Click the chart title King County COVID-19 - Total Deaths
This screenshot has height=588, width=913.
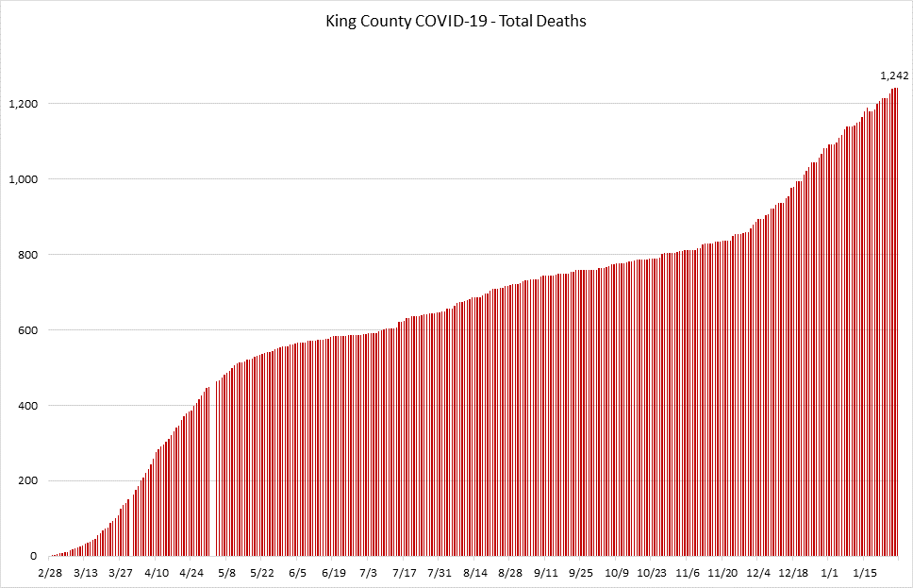(x=456, y=21)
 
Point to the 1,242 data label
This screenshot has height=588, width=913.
(x=894, y=76)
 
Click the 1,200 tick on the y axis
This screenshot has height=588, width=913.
(x=22, y=104)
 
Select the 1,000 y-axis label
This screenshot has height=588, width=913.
(x=22, y=179)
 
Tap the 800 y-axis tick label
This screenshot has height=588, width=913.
(x=27, y=255)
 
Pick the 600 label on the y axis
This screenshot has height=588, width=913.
(x=27, y=330)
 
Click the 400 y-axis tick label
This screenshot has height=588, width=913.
(x=27, y=406)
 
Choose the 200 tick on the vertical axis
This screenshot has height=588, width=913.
(x=27, y=481)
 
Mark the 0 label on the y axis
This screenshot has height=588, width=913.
(x=33, y=557)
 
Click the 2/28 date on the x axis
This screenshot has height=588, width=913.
(x=51, y=572)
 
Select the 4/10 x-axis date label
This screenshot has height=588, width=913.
(x=157, y=572)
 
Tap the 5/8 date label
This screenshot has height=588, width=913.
(x=227, y=572)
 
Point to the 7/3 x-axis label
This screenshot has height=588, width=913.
(x=369, y=572)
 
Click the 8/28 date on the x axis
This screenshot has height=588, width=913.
(x=510, y=572)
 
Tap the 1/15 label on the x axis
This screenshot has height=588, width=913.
(x=866, y=572)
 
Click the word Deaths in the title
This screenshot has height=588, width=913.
(x=562, y=21)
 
